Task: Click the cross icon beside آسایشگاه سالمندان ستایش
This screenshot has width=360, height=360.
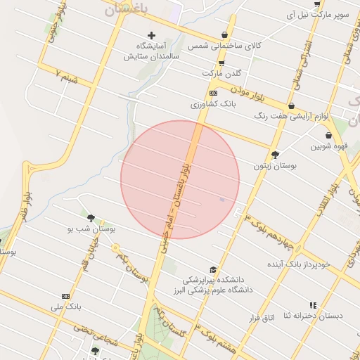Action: point(151,35)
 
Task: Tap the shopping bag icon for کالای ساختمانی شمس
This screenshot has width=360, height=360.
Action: point(224,34)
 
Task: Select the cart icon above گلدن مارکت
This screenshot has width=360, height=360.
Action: point(221,63)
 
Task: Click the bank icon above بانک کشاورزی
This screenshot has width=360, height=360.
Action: point(214,93)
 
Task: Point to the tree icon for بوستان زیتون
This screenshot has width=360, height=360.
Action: point(274,155)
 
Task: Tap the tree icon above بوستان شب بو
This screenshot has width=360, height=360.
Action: point(91,218)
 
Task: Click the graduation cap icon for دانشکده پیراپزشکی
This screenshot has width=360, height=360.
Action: point(213,269)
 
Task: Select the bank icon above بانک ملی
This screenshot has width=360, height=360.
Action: point(66,297)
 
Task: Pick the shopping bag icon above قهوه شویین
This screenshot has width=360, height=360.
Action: point(328,136)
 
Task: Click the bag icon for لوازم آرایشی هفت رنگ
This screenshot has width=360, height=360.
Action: point(291,105)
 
